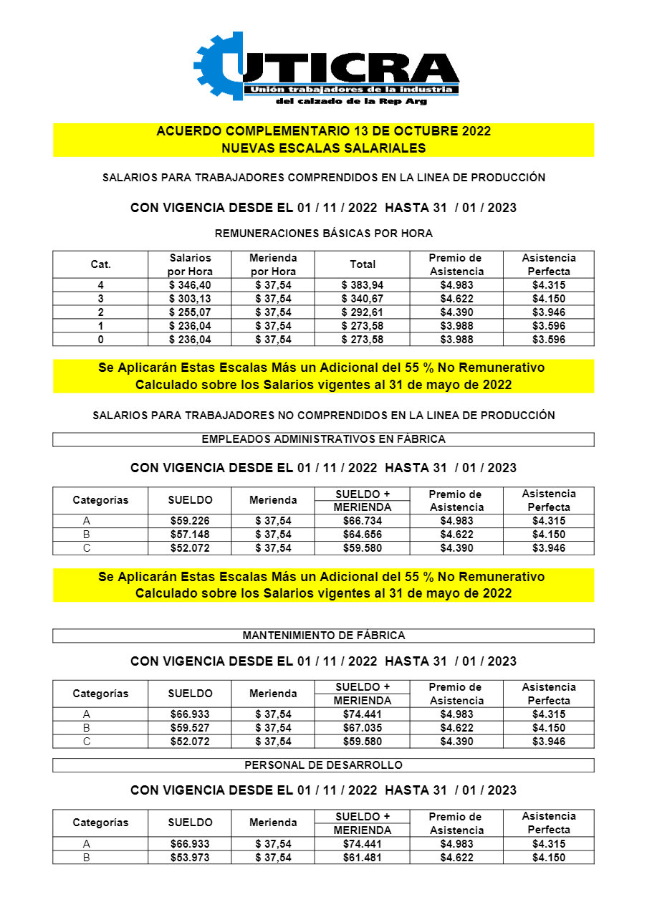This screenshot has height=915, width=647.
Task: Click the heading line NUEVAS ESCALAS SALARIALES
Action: point(323,148)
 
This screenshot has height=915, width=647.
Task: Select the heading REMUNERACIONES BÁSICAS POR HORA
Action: point(323,234)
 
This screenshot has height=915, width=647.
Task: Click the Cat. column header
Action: point(100,264)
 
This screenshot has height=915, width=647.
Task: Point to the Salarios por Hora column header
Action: point(190,264)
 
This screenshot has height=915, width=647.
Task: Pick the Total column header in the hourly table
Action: point(363,264)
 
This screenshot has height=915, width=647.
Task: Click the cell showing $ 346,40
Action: point(190,285)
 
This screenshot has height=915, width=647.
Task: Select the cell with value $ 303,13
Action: point(190,299)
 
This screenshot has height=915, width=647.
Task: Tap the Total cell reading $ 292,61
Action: point(363,312)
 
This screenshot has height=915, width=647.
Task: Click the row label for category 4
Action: point(100,285)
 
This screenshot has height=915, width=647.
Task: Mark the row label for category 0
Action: point(100,340)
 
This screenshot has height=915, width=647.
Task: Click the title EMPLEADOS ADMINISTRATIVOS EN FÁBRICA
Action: point(323,439)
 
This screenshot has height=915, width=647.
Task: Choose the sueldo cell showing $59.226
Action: point(190,521)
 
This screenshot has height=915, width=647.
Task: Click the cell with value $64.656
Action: point(363,535)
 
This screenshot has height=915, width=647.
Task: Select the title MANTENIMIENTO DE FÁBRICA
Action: point(323,636)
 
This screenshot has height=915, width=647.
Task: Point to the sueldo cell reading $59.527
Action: point(190,728)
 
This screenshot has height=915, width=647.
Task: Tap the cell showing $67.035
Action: point(363,728)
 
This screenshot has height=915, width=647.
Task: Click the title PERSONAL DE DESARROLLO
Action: point(323,765)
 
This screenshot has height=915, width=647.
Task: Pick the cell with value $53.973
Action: point(190,858)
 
